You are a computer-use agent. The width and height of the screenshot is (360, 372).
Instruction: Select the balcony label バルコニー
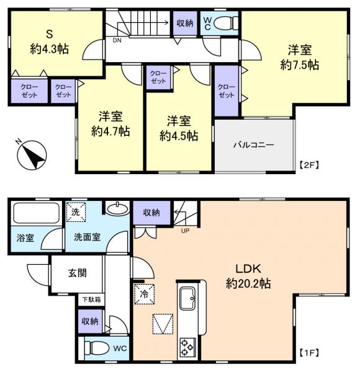point(253,145)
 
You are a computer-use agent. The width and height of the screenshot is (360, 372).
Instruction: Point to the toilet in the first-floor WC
point(99,348)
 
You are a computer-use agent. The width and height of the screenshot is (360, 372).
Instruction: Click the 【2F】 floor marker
point(308,165)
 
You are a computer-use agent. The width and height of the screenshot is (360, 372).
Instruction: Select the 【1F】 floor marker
point(308,353)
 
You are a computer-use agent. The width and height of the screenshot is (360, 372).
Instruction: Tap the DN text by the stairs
point(117,41)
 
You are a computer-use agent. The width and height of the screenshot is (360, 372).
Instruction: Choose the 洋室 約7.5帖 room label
point(300,57)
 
